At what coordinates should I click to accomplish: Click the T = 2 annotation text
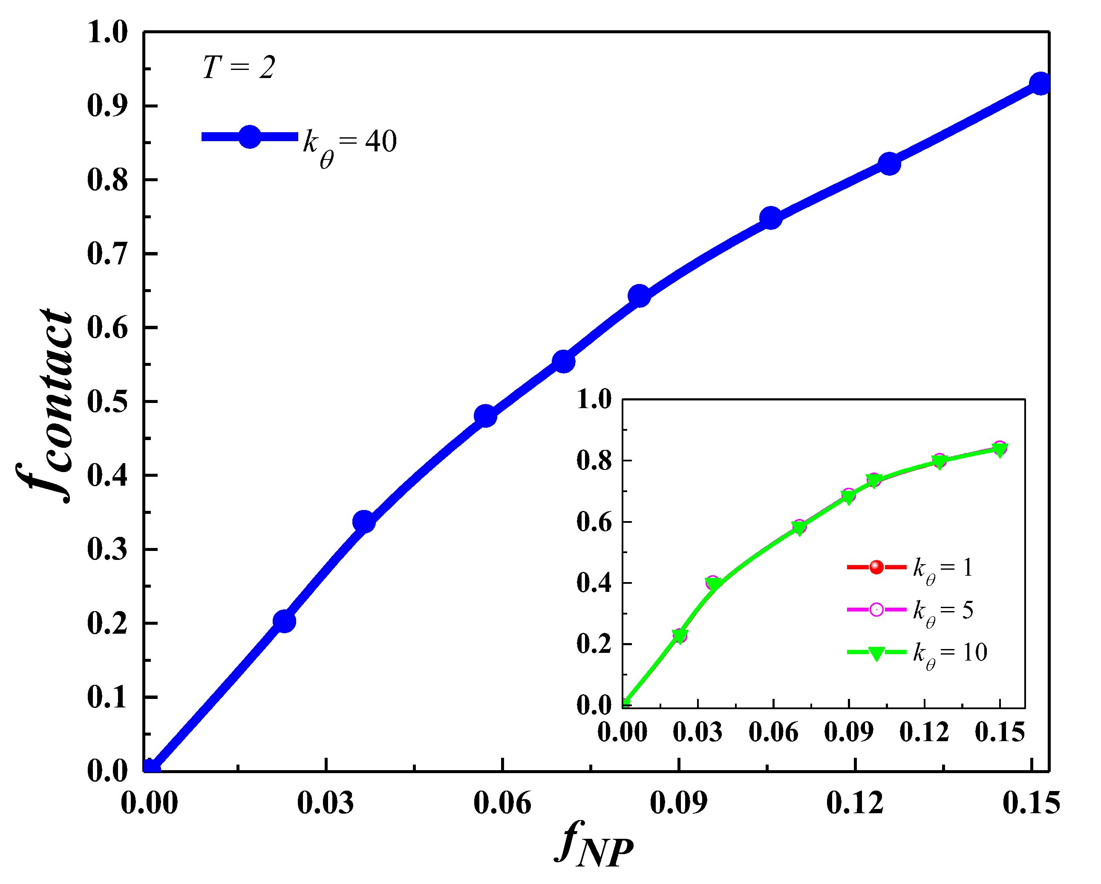pos(239,67)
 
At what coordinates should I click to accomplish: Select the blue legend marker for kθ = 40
pos(250,136)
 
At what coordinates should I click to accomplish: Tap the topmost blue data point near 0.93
pos(1040,83)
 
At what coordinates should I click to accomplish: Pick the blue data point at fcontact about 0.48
pos(486,416)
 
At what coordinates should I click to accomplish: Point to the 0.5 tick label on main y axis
pos(107,402)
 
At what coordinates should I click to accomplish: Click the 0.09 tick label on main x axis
pos(679,803)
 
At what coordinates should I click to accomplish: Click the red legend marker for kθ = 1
pos(876,567)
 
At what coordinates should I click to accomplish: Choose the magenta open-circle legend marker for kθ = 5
pos(876,610)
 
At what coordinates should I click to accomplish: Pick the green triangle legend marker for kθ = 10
pos(876,652)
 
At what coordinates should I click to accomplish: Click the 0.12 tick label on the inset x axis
pos(924,732)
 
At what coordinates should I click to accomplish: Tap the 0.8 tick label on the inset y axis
pos(594,461)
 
